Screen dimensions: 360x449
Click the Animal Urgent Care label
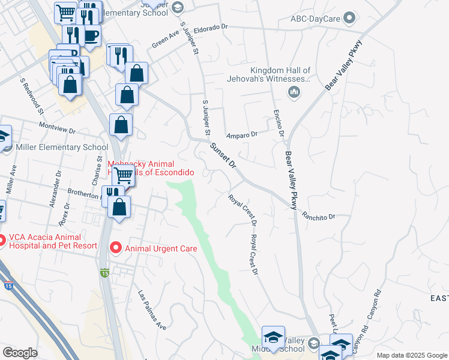tap(161, 247)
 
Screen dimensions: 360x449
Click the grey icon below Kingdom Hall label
tap(294, 91)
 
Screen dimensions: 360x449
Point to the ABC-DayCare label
tap(315, 19)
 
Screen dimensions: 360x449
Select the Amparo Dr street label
tap(241, 134)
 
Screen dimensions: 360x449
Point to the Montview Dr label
tap(57, 128)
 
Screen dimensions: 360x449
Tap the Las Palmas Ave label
tap(152, 311)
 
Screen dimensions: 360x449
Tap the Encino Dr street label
tap(278, 122)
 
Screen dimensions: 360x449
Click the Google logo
tap(20, 353)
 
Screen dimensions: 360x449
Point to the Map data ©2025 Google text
tap(411, 355)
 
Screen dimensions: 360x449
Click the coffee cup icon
tap(91, 35)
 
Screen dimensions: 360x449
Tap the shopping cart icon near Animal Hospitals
tap(123, 175)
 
